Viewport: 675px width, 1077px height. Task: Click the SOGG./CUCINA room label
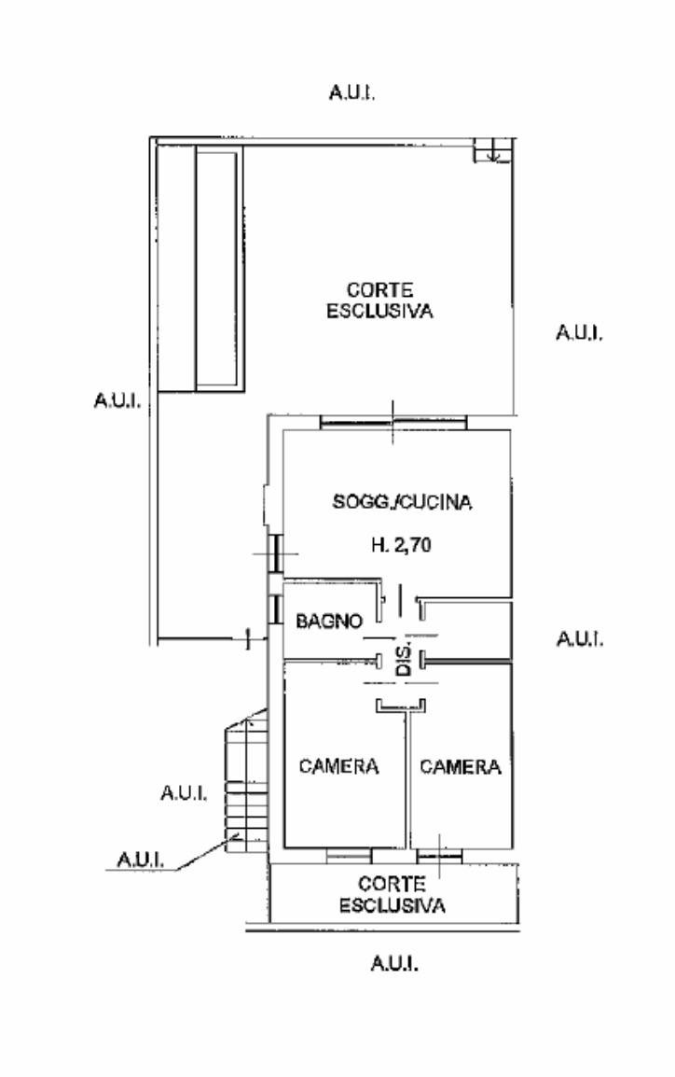pyautogui.click(x=402, y=502)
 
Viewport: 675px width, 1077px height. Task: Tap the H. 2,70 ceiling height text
pyautogui.click(x=401, y=545)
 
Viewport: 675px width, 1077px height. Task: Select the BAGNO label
pyautogui.click(x=329, y=621)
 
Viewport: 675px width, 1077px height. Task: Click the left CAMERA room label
pyautogui.click(x=338, y=766)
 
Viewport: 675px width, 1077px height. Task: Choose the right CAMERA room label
pyautogui.click(x=461, y=766)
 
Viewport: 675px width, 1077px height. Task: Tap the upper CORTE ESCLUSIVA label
pyautogui.click(x=379, y=301)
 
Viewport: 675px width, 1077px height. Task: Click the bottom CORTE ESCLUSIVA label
pyautogui.click(x=392, y=895)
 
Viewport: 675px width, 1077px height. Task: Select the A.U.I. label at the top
pyautogui.click(x=351, y=92)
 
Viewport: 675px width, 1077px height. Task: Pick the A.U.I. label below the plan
pyautogui.click(x=394, y=963)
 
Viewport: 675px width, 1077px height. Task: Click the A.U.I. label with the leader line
pyautogui.click(x=140, y=860)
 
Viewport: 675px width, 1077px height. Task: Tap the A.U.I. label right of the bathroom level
pyautogui.click(x=580, y=638)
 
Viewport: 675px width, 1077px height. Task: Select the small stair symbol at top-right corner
pyautogui.click(x=492, y=150)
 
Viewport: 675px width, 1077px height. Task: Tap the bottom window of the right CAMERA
pyautogui.click(x=439, y=856)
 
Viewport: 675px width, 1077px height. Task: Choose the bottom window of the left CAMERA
pyautogui.click(x=349, y=856)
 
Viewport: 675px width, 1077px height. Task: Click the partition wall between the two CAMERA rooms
pyautogui.click(x=406, y=779)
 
